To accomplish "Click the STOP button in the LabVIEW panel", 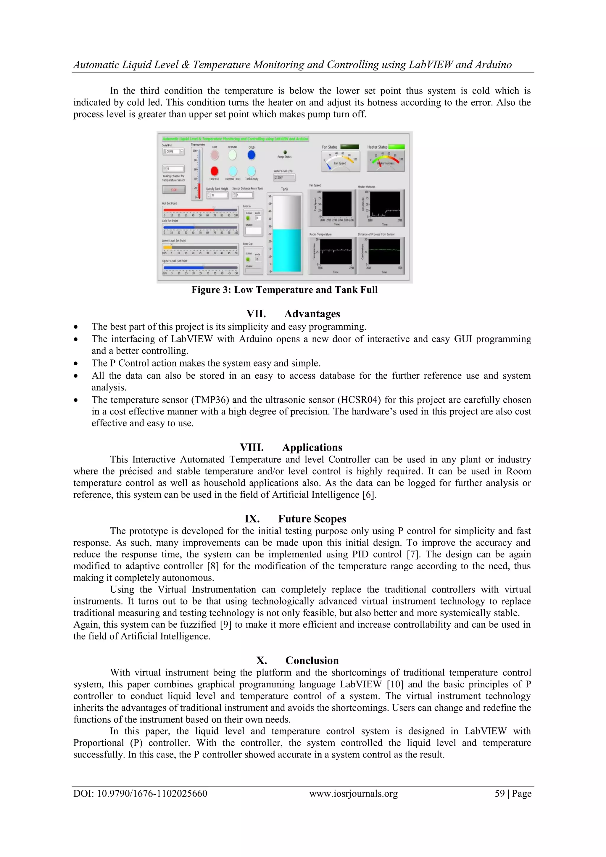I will pos(173,190).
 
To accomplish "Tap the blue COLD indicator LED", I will pos(252,155).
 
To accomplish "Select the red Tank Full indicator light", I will pos(214,171).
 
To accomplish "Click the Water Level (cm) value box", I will pos(284,178).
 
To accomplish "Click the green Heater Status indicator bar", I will pos(396,147).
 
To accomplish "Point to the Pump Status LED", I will pos(285,152).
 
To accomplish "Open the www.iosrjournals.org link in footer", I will pos(353,794).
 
